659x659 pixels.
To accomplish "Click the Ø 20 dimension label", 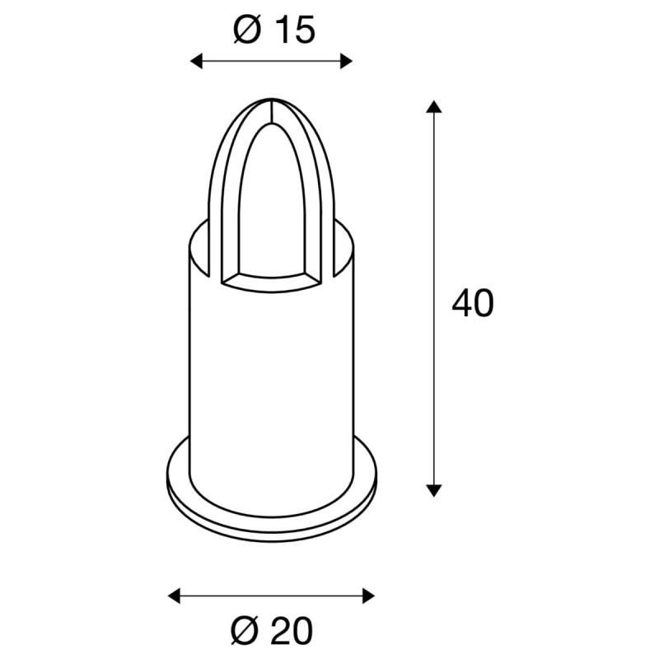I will click(272, 631).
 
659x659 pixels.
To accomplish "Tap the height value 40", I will click(473, 304).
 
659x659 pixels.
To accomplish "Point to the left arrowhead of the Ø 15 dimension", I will click(197, 60).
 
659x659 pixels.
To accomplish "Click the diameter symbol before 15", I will click(245, 30).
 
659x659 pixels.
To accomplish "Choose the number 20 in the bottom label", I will click(291, 631).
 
